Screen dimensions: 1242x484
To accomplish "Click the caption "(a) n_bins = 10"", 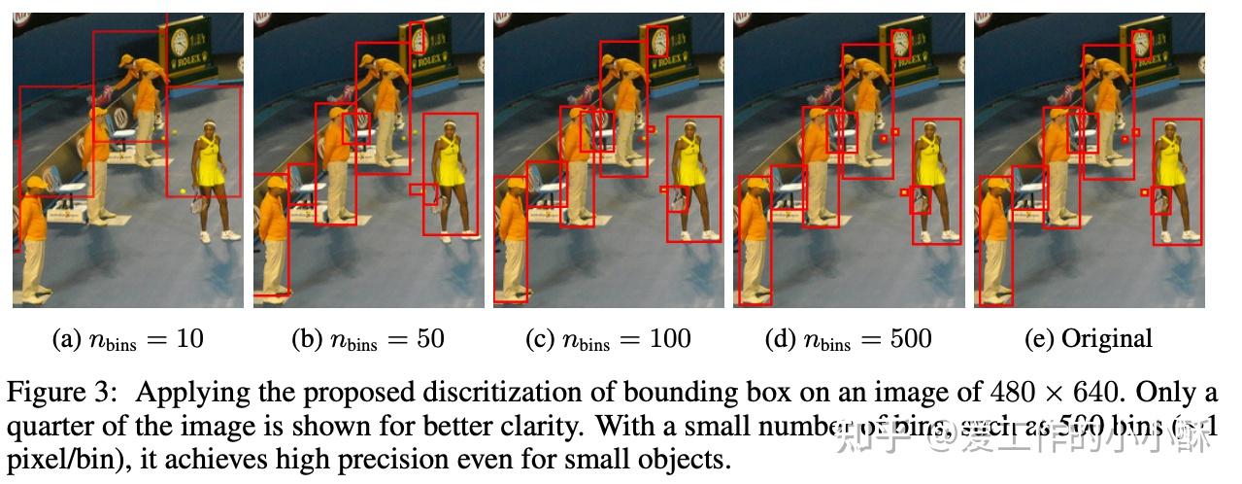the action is pyautogui.click(x=127, y=339).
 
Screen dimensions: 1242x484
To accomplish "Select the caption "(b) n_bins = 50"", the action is pyautogui.click(x=367, y=339).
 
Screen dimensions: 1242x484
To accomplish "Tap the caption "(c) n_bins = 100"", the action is pyautogui.click(x=608, y=339).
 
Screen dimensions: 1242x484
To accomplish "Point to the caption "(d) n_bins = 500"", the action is pyautogui.click(x=849, y=339).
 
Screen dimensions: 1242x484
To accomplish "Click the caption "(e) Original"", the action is pyautogui.click(x=1089, y=339).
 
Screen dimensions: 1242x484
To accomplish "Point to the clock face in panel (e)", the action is pyautogui.click(x=1141, y=41).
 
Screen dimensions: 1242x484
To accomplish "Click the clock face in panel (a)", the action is pyautogui.click(x=180, y=41).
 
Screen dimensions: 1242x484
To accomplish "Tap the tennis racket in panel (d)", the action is pyautogui.click(x=919, y=201).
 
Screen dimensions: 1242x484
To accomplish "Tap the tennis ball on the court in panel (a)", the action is pyautogui.click(x=183, y=191).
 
